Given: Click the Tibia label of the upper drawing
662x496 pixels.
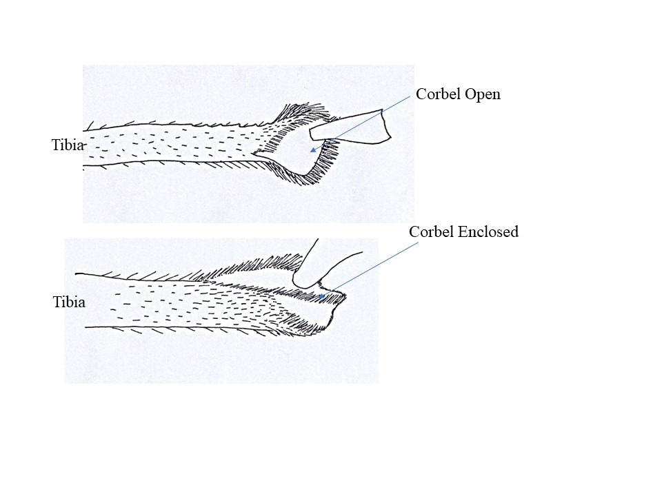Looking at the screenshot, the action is [x=68, y=145].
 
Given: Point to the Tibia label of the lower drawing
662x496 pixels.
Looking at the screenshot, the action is [x=69, y=302].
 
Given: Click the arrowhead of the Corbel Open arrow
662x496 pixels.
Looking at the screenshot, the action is [x=313, y=149].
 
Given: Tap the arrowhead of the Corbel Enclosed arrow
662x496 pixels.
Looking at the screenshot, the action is [x=322, y=296].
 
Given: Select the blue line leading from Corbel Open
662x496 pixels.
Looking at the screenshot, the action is [x=360, y=123].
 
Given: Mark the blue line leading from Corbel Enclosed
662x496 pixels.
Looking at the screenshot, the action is [x=369, y=269].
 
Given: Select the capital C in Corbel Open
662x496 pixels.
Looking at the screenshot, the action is [x=421, y=94].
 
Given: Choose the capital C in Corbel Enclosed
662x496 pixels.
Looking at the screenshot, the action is [x=414, y=231].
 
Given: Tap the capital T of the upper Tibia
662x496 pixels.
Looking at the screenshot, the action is [x=56, y=145].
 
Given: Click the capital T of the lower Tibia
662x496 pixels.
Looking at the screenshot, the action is [x=57, y=302].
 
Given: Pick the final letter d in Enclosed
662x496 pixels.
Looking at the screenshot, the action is [x=514, y=231].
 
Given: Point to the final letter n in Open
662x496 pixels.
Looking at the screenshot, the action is [x=497, y=96].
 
